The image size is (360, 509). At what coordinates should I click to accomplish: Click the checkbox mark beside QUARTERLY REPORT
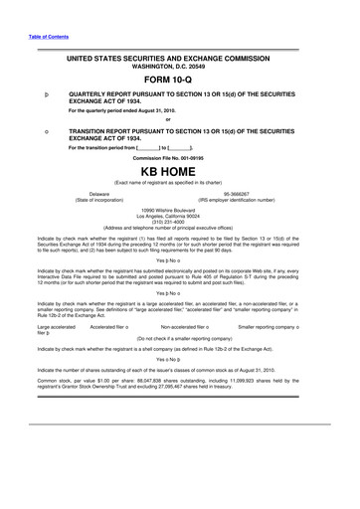(37, 100)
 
